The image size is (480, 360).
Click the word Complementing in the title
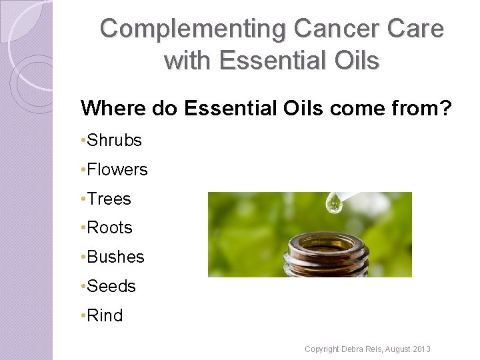point(192,29)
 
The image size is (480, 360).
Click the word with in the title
point(187,61)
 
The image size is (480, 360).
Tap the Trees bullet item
point(109,199)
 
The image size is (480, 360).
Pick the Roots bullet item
point(109,228)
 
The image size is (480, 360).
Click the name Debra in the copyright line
point(351,349)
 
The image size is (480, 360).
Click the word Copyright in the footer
point(321,349)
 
